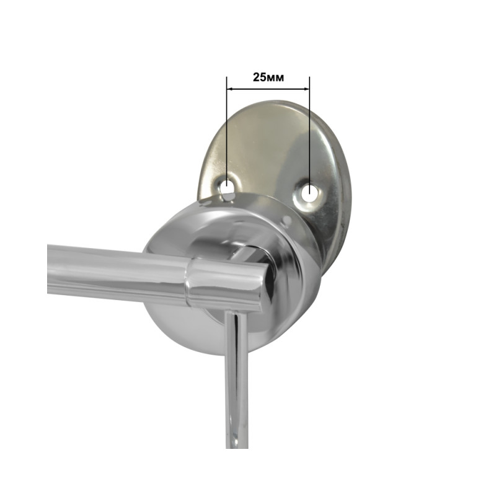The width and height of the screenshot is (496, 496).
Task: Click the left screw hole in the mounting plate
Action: coord(227,187)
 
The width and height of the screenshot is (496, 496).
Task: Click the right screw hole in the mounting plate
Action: coord(309,192)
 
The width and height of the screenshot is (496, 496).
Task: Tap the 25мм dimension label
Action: coord(268,77)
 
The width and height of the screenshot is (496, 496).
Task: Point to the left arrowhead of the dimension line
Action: coord(229,89)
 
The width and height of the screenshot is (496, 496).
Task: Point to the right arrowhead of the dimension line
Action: coord(306,89)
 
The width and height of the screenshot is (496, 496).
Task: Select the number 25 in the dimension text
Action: coord(259,77)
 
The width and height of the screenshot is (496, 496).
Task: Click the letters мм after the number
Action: coord(275,78)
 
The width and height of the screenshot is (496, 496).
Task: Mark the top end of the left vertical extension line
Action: coord(227,77)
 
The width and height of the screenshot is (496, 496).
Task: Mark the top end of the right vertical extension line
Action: coord(309,77)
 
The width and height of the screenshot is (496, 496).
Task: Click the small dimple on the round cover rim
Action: coord(287,220)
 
